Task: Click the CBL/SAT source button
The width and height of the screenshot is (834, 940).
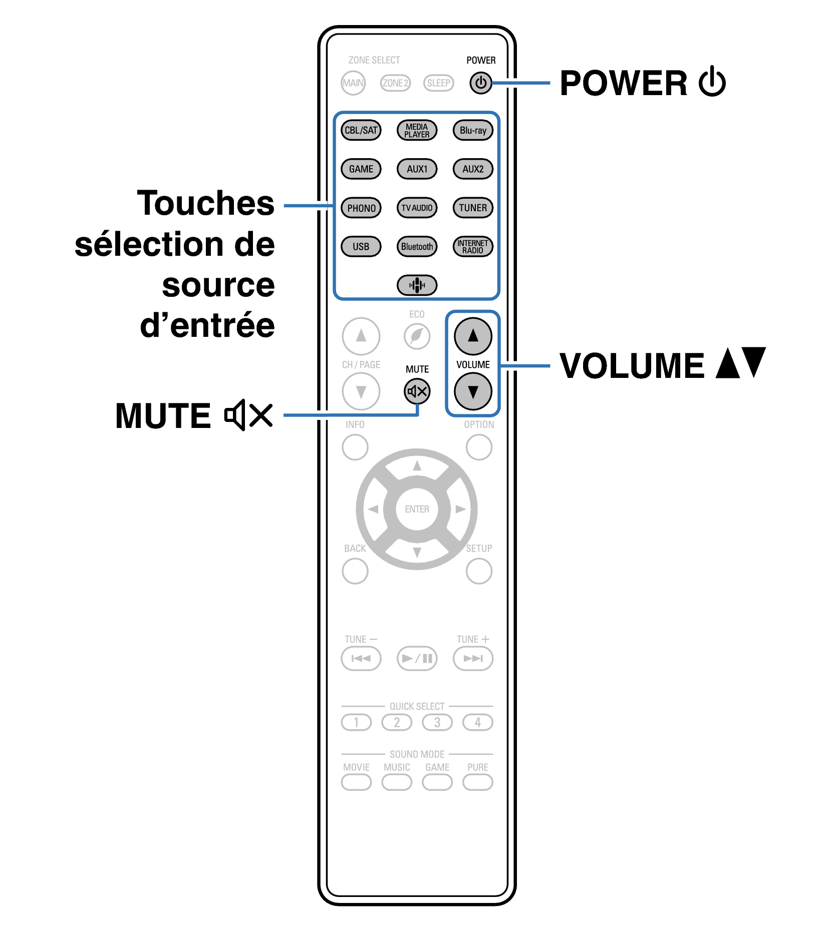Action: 361,130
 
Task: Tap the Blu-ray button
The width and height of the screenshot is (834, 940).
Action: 473,130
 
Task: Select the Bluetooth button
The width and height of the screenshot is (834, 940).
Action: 417,246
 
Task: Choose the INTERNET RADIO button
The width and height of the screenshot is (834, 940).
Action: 473,246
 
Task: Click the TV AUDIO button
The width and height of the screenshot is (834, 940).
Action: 417,208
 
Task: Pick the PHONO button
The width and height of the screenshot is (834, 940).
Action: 361,208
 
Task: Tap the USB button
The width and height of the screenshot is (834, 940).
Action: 361,246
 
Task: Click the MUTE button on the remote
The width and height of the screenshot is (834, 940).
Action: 417,391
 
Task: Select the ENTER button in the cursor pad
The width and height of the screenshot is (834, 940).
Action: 417,509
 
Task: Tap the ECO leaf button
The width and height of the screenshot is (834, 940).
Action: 417,336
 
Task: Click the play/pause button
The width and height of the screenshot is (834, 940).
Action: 417,658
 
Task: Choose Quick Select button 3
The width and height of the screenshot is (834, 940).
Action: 437,722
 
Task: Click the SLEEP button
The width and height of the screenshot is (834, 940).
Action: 438,83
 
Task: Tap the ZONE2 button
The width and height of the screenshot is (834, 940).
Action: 395,83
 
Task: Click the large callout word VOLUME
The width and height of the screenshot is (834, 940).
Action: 632,365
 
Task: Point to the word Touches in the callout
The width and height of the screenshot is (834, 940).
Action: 205,203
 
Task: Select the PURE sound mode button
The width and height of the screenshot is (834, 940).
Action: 477,782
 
